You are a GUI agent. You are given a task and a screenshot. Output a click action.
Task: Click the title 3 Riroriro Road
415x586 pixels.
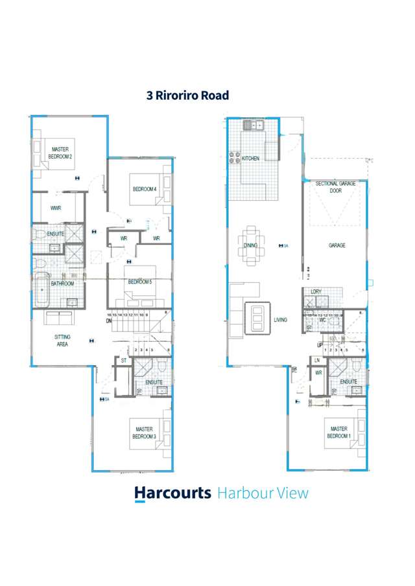pos(187,95)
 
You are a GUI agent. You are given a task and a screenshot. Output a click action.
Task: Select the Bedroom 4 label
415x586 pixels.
pos(145,189)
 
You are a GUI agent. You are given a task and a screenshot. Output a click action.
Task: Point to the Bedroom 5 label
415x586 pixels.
pos(139,282)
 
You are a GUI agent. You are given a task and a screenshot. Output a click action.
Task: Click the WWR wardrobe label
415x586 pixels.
pos(56,208)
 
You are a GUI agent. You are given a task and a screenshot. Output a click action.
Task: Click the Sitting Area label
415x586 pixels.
pos(62,341)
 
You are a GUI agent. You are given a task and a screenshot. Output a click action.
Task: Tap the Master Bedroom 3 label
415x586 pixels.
pos(145,433)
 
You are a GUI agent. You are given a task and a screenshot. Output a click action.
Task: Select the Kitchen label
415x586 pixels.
pos(251,158)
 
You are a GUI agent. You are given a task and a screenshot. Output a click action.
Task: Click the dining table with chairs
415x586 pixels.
pos(250,246)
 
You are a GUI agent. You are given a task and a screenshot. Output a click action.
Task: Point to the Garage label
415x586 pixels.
pos(337,245)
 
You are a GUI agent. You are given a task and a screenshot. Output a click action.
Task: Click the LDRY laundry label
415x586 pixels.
pos(316,292)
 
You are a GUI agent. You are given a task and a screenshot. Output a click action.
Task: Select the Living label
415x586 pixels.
pos(281,320)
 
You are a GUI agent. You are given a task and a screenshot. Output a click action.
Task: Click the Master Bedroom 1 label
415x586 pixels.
pos(338,433)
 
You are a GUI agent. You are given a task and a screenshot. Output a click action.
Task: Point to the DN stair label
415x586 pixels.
pos(109,321)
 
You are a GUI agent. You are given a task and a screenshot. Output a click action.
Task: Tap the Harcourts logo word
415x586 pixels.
pos(172,493)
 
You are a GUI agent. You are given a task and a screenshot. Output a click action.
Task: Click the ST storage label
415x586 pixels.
pos(123,360)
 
